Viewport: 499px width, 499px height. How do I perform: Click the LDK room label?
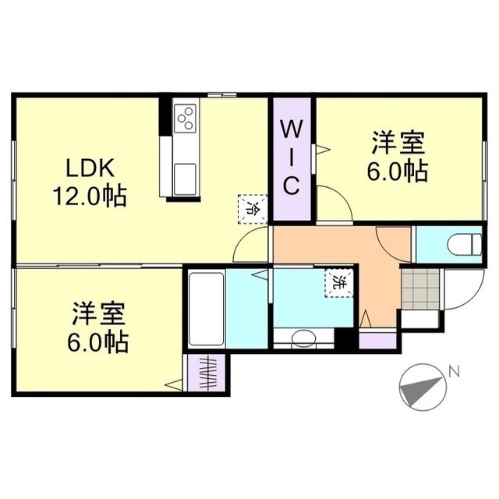[90, 168]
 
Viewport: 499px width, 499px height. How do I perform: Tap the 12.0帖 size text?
[90, 195]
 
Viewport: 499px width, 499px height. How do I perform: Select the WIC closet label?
[290, 156]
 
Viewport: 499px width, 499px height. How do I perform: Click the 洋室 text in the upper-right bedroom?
[398, 144]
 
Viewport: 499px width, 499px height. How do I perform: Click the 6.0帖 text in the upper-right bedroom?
[398, 172]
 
